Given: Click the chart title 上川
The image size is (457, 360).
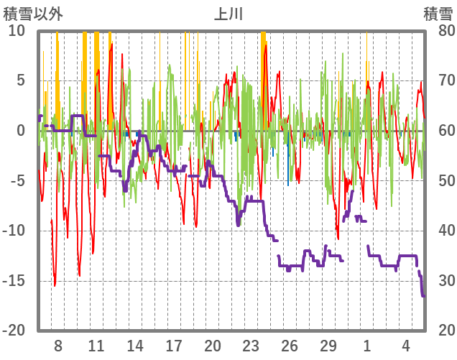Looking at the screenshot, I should (228, 14).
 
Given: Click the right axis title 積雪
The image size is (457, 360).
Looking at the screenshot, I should (438, 14).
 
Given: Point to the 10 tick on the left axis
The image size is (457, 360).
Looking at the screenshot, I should (17, 30).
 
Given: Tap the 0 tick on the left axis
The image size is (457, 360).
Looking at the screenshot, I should (21, 130).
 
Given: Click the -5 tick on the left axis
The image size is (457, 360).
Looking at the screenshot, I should (18, 180).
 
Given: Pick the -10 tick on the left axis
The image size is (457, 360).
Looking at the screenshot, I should (15, 230).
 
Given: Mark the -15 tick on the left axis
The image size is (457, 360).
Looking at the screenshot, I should (15, 280).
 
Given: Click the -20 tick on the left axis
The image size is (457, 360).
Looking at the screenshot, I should (15, 330).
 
